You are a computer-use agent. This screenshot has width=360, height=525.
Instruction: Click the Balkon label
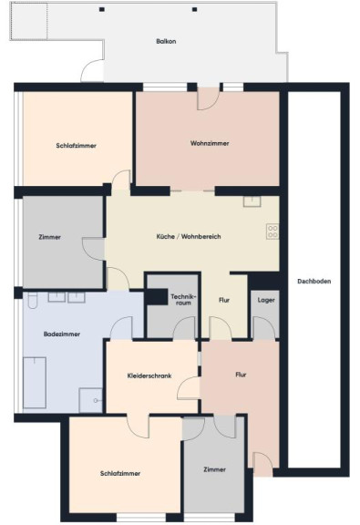[166, 42]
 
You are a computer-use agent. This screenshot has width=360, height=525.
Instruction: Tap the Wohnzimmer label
[210, 143]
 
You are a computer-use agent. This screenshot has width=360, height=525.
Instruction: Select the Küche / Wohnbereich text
[189, 236]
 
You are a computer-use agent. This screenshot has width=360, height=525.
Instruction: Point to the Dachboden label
[314, 282]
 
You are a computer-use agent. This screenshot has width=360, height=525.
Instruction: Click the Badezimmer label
[62, 335]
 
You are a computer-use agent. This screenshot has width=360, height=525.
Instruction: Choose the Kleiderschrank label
[149, 376]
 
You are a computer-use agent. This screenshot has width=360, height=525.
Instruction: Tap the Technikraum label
[183, 300]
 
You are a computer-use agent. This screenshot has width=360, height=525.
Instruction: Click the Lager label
[266, 300]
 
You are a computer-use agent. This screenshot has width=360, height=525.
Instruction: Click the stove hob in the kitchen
[273, 232]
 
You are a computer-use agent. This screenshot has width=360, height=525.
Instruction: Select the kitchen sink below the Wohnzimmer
[252, 201]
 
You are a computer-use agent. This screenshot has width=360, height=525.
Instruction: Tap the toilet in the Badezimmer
[33, 301]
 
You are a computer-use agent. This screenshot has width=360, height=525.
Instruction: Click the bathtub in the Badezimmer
[35, 383]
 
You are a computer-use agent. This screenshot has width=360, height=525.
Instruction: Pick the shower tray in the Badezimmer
[90, 400]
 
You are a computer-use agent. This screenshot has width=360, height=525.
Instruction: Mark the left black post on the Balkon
[102, 9]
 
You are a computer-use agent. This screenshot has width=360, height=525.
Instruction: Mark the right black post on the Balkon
[194, 9]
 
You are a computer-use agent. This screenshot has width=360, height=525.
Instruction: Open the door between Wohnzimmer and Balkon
[208, 98]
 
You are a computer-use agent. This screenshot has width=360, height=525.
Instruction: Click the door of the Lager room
[264, 328]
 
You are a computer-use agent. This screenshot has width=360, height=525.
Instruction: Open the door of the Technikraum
[184, 328]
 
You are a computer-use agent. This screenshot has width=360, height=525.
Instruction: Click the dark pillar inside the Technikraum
[157, 296]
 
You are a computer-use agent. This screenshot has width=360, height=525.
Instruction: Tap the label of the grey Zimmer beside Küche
[50, 237]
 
